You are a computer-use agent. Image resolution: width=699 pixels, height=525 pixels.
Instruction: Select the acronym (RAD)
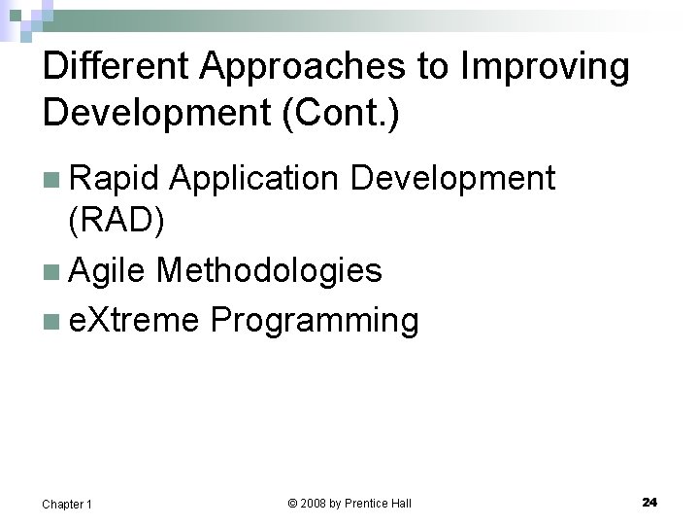pyautogui.click(x=116, y=223)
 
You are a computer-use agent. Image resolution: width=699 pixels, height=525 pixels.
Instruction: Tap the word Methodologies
pyautogui.click(x=269, y=270)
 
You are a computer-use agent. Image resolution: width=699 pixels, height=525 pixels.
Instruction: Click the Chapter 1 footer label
pyautogui.click(x=67, y=504)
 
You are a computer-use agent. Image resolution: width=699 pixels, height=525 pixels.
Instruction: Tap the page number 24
pyautogui.click(x=649, y=502)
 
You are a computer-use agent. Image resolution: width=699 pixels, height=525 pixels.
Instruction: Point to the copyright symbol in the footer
pyautogui.click(x=293, y=503)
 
